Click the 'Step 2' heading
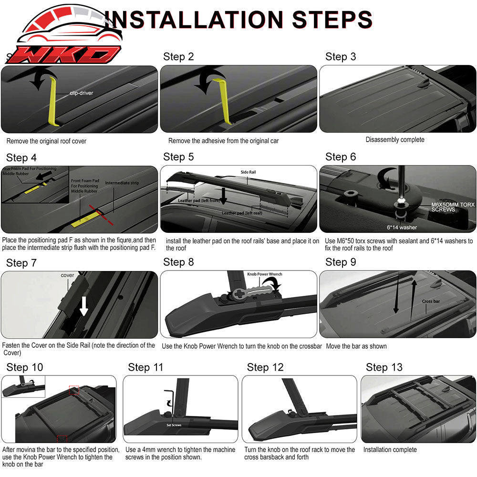coord(178,57)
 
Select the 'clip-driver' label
coord(81,93)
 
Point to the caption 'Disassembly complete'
coord(394,140)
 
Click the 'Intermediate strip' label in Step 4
coord(123,183)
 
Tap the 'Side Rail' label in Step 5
coord(248,171)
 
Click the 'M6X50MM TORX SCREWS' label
coord(452,207)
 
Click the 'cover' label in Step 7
coord(67,276)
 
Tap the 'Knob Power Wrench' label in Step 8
coord(264,274)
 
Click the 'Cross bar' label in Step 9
coord(431,301)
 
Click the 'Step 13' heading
coord(384,367)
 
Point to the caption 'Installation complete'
coord(390,450)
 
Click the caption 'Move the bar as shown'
coord(356,346)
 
